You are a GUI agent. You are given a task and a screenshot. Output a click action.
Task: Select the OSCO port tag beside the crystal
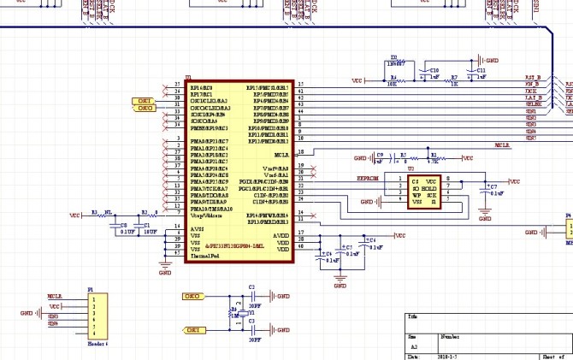tap(192, 296)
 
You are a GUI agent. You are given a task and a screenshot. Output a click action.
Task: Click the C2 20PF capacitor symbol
tap(251, 296)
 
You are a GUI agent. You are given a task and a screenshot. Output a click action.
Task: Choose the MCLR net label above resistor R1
tap(503, 146)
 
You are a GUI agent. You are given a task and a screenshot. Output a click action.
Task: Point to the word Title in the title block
tap(412, 316)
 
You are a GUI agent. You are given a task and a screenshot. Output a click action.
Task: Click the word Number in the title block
tap(450, 338)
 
